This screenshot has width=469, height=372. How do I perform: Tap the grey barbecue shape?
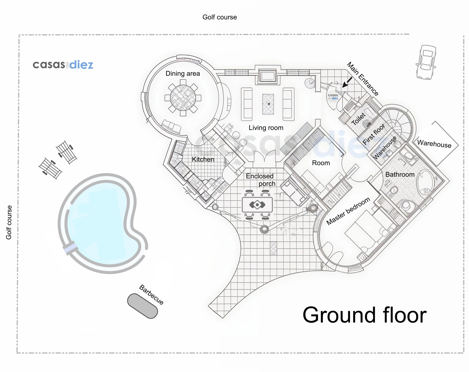(143, 306)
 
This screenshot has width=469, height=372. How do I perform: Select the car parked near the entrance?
(426, 62)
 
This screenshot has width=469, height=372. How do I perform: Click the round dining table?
(183, 98)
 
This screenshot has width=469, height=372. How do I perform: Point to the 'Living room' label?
(266, 127)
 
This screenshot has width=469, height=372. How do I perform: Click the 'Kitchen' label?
(203, 159)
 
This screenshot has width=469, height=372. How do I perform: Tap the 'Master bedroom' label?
(348, 211)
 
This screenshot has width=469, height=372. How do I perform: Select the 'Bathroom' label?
(400, 174)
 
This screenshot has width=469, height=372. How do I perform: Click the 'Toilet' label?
(358, 119)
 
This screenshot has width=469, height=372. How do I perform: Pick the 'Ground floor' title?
(364, 315)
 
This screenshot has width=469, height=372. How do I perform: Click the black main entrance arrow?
(347, 82)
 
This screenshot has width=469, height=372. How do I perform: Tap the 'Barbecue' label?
(151, 294)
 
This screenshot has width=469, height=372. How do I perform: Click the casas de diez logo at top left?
(63, 65)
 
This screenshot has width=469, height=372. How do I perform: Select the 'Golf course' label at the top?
(220, 17)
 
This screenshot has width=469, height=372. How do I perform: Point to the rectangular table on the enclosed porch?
(257, 205)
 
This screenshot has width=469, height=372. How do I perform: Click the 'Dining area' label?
(183, 73)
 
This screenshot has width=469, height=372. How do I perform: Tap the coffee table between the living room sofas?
(268, 104)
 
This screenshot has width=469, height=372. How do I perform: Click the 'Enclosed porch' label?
(260, 180)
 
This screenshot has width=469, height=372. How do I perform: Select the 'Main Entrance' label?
(363, 79)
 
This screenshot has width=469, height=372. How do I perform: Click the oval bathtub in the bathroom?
(425, 183)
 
